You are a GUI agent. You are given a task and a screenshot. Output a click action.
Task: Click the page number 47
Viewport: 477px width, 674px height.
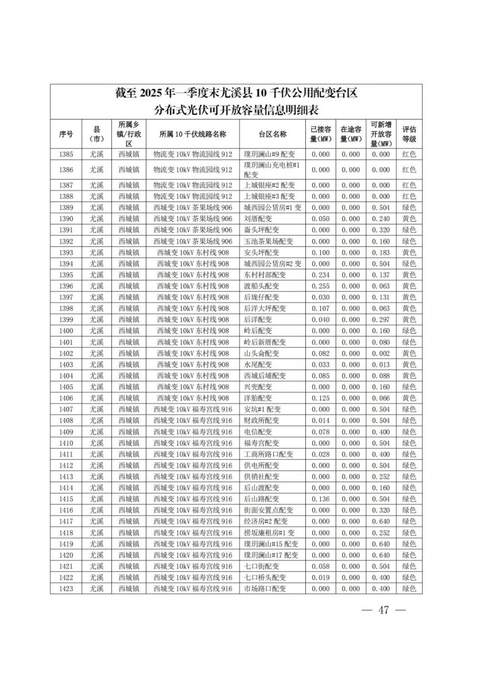pyautogui.click(x=384, y=610)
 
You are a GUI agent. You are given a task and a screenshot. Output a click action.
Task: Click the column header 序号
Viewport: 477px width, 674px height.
pyautogui.click(x=66, y=134)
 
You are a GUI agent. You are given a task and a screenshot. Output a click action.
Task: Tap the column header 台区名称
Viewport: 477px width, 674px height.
pyautogui.click(x=272, y=134)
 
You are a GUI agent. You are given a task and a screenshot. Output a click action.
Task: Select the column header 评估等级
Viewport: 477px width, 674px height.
pyautogui.click(x=409, y=134)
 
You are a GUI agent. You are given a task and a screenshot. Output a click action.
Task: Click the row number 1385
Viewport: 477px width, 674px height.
pyautogui.click(x=66, y=154)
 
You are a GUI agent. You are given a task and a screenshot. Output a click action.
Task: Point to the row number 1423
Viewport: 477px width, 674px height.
pyautogui.click(x=66, y=589)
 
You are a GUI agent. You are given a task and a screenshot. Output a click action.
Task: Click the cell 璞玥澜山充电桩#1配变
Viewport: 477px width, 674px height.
pyautogui.click(x=272, y=170)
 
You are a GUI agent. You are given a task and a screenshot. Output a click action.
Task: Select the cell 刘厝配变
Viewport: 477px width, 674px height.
pyautogui.click(x=258, y=219)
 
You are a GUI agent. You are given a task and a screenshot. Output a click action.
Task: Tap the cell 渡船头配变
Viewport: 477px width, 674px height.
pyautogui.click(x=261, y=286)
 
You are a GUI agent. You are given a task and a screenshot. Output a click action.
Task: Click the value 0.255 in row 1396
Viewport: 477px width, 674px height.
pyautogui.click(x=321, y=286)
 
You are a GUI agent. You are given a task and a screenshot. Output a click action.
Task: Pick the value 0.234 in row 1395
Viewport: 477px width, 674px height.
pyautogui.click(x=321, y=275)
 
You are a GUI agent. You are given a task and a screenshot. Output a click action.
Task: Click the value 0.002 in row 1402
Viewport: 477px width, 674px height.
pyautogui.click(x=381, y=353)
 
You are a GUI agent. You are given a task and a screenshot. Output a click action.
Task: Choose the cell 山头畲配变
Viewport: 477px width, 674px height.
pyautogui.click(x=261, y=353)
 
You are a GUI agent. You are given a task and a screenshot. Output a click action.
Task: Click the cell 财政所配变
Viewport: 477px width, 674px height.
pyautogui.click(x=261, y=420)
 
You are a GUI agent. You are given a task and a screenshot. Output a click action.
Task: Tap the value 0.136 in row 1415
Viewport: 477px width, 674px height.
pyautogui.click(x=321, y=499)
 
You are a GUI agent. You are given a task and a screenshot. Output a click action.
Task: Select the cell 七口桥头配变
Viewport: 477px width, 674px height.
pyautogui.click(x=265, y=577)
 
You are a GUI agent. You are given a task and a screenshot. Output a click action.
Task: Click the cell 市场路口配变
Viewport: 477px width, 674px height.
pyautogui.click(x=265, y=589)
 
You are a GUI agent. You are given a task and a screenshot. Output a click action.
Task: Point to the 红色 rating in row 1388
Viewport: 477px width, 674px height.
pyautogui.click(x=409, y=196)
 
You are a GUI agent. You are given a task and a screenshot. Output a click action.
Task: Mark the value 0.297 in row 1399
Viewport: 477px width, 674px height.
pyautogui.click(x=381, y=320)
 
